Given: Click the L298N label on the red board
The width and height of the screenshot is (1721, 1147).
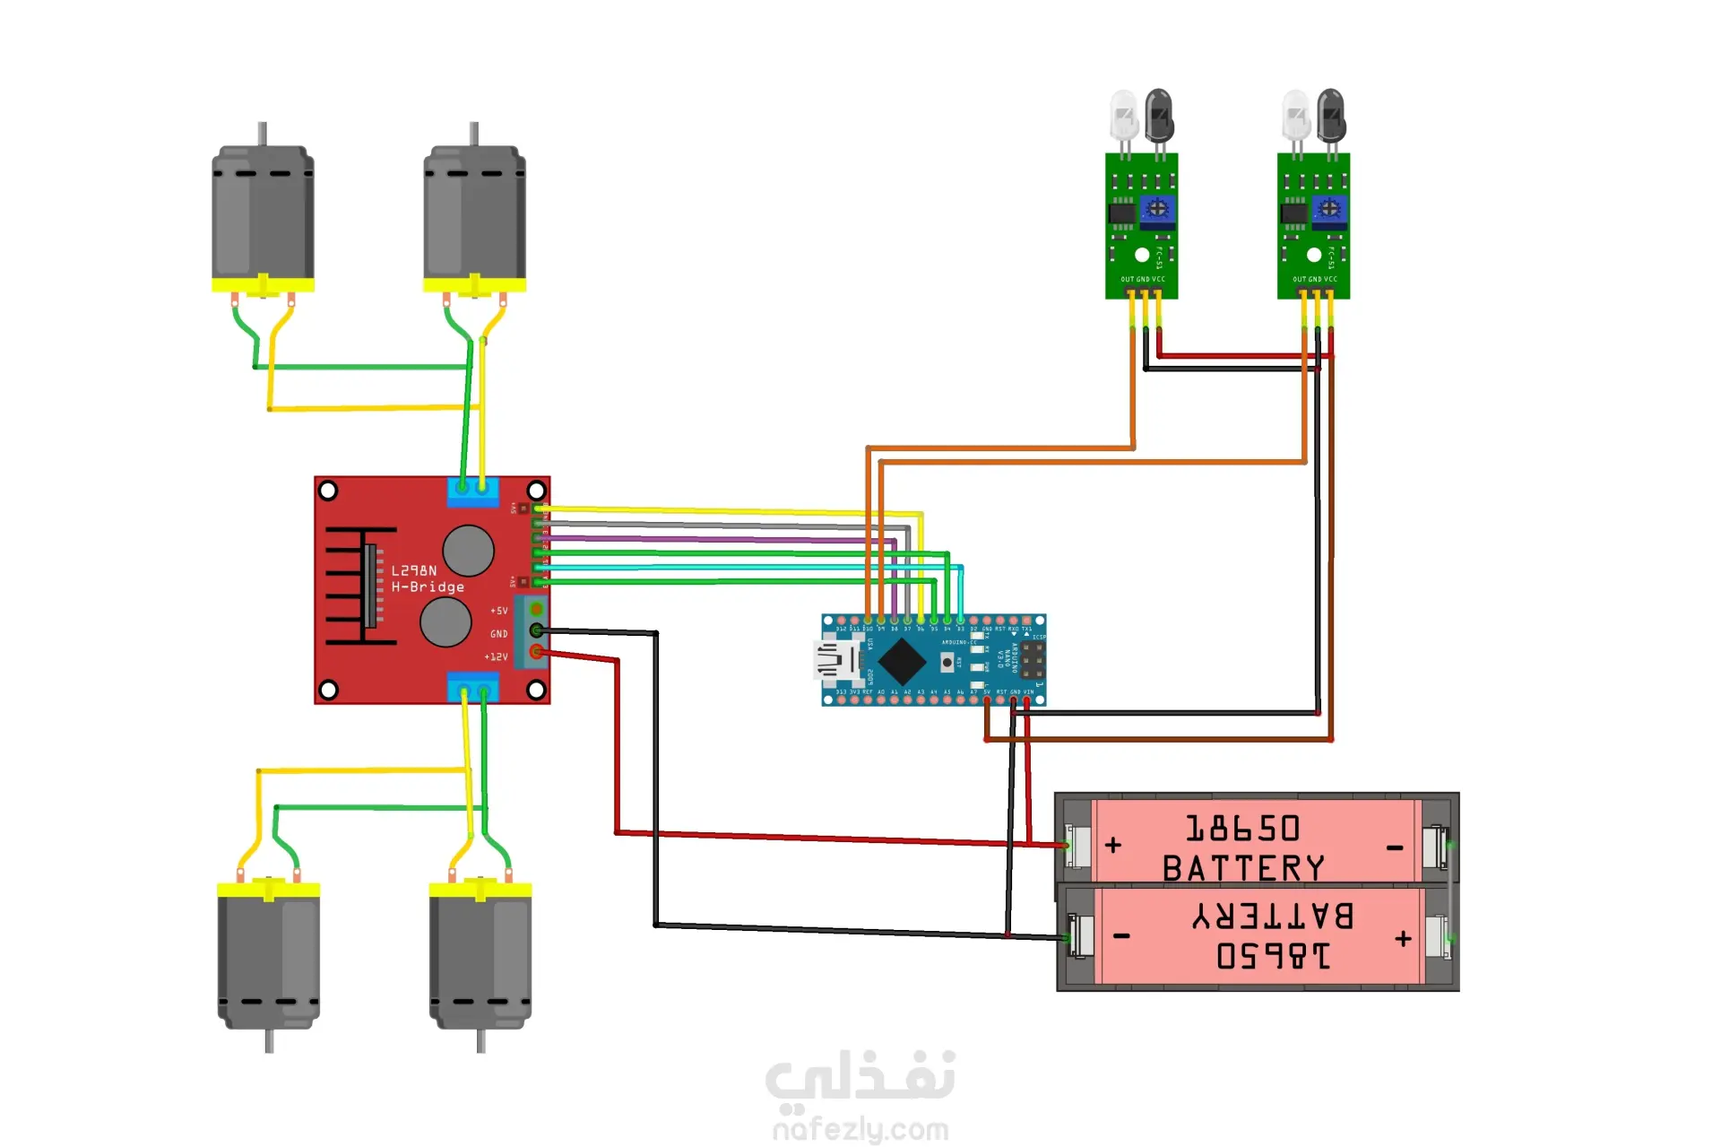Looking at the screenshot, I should tap(414, 570).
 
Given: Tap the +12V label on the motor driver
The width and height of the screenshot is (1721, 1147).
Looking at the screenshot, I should tap(496, 657).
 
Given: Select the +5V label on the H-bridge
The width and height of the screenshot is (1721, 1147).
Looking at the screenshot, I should tap(498, 611).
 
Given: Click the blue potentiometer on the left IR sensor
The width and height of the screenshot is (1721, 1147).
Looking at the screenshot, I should tap(1157, 210).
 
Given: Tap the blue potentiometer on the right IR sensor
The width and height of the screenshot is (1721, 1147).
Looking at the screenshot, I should tap(1329, 210).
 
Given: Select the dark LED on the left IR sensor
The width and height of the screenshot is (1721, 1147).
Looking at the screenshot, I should tap(1159, 114).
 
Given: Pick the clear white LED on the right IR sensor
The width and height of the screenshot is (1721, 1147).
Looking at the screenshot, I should tap(1295, 114).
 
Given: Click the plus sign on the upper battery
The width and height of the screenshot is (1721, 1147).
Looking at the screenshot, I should tap(1113, 845).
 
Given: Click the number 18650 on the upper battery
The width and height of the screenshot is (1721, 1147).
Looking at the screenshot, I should tap(1242, 829).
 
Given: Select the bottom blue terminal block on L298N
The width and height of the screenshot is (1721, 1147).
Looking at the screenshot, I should tap(472, 688).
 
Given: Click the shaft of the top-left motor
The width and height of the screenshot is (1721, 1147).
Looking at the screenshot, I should tap(262, 134).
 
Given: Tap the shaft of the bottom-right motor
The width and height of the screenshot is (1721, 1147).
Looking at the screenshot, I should tap(481, 1040).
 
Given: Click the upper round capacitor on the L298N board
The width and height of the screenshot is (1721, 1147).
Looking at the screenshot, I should tap(468, 550).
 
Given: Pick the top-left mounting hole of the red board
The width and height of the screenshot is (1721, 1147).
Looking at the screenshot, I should tap(328, 491).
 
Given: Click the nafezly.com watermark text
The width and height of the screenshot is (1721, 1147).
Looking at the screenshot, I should tap(860, 1130).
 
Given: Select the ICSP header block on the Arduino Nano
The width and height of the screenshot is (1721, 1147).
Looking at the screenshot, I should tap(1032, 660).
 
